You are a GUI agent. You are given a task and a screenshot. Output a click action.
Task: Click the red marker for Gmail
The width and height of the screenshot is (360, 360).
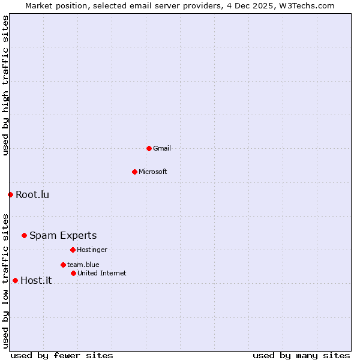(149, 148)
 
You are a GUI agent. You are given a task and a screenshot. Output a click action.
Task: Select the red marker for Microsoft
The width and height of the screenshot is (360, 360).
(134, 172)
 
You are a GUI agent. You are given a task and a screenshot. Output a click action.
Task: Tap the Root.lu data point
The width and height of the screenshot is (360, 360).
(10, 194)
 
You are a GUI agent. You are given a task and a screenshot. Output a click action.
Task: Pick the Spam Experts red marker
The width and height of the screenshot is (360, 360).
(24, 235)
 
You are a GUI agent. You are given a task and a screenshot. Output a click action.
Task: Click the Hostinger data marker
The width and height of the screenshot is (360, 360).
(73, 250)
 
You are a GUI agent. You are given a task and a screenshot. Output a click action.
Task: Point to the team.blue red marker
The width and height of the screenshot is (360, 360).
(63, 265)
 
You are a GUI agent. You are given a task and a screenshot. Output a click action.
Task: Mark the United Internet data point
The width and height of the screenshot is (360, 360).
(73, 273)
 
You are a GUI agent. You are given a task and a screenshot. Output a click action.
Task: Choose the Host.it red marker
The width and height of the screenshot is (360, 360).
(15, 280)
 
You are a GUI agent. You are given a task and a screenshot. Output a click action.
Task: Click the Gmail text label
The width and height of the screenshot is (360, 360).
(162, 148)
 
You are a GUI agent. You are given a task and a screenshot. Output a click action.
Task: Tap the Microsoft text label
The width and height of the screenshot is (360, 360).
(153, 172)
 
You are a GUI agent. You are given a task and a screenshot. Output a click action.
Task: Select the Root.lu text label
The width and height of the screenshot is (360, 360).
(32, 194)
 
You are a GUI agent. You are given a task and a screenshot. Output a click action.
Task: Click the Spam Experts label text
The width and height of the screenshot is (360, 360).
(63, 235)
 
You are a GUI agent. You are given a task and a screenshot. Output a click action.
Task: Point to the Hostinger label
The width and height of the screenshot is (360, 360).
(92, 250)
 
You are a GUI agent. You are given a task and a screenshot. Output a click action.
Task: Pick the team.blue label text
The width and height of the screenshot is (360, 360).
(83, 265)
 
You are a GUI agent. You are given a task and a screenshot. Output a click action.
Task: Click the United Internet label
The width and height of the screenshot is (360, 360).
(102, 273)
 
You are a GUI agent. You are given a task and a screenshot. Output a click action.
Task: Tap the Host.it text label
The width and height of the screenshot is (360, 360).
(36, 280)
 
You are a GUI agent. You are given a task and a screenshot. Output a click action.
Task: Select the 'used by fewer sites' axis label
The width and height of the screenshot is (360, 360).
(62, 355)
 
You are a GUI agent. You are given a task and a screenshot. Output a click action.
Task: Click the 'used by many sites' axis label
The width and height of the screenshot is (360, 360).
(301, 355)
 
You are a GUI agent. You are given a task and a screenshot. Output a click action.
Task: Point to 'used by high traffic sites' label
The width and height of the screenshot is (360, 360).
(5, 85)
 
